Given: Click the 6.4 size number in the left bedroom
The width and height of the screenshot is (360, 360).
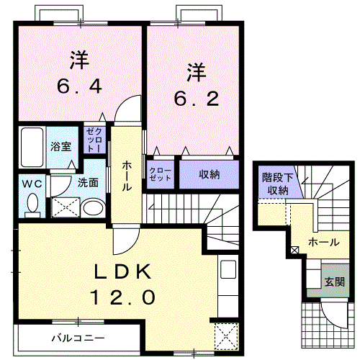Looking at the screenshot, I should (x=80, y=86).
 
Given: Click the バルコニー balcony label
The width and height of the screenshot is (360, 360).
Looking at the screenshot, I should (x=77, y=337).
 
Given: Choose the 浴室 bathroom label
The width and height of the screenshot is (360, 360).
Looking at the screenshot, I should (x=60, y=146).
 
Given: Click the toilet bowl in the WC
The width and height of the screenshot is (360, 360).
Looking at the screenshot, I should (x=31, y=205).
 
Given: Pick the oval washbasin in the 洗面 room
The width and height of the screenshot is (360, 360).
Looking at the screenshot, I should (x=92, y=209).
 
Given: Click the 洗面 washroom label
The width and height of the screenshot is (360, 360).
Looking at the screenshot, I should (x=89, y=182).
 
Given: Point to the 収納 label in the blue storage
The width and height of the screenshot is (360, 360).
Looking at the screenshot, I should (x=210, y=174).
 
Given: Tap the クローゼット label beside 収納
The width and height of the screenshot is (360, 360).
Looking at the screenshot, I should (x=160, y=175).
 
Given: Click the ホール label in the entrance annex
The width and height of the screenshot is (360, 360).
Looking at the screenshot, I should (x=323, y=242).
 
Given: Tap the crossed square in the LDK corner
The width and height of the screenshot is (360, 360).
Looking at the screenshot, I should (x=226, y=335).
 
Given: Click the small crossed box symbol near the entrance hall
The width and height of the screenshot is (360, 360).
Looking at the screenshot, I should (x=294, y=251).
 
